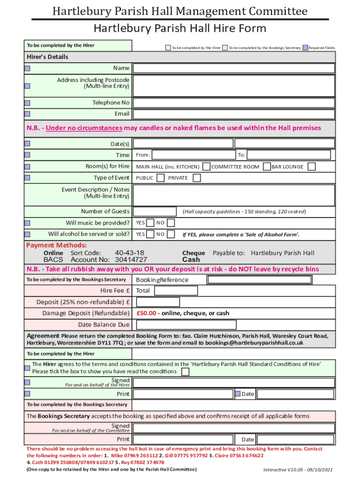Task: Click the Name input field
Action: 234,68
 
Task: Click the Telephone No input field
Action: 234,103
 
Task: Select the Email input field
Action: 234,114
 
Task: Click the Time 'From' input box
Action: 193,155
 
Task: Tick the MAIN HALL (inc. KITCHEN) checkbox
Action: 205,167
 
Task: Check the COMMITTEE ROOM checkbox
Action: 266,167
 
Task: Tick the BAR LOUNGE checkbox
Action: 311,167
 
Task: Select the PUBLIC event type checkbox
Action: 160,178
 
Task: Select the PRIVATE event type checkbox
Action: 197,178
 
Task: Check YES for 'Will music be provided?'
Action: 151,223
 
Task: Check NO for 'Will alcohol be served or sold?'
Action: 171,234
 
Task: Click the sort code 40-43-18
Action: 130,253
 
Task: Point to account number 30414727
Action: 131,260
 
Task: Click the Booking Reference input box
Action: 259,280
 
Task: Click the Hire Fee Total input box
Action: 176,290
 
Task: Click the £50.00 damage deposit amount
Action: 146,313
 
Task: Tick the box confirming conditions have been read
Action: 186,372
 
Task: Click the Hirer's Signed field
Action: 234,383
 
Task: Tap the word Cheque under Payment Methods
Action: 193,253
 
